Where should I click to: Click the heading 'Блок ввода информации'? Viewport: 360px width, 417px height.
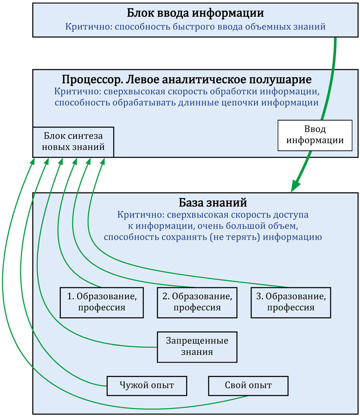click(x=195, y=13)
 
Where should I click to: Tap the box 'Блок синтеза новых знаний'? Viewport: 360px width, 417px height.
click(x=73, y=141)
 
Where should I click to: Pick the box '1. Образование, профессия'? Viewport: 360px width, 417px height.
click(x=101, y=302)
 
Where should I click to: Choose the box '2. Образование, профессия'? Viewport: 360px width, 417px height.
click(x=197, y=302)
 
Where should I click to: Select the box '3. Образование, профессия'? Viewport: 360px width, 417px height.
click(x=291, y=302)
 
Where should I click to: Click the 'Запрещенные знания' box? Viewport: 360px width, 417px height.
click(x=197, y=346)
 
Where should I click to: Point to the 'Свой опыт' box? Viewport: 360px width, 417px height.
click(x=248, y=385)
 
